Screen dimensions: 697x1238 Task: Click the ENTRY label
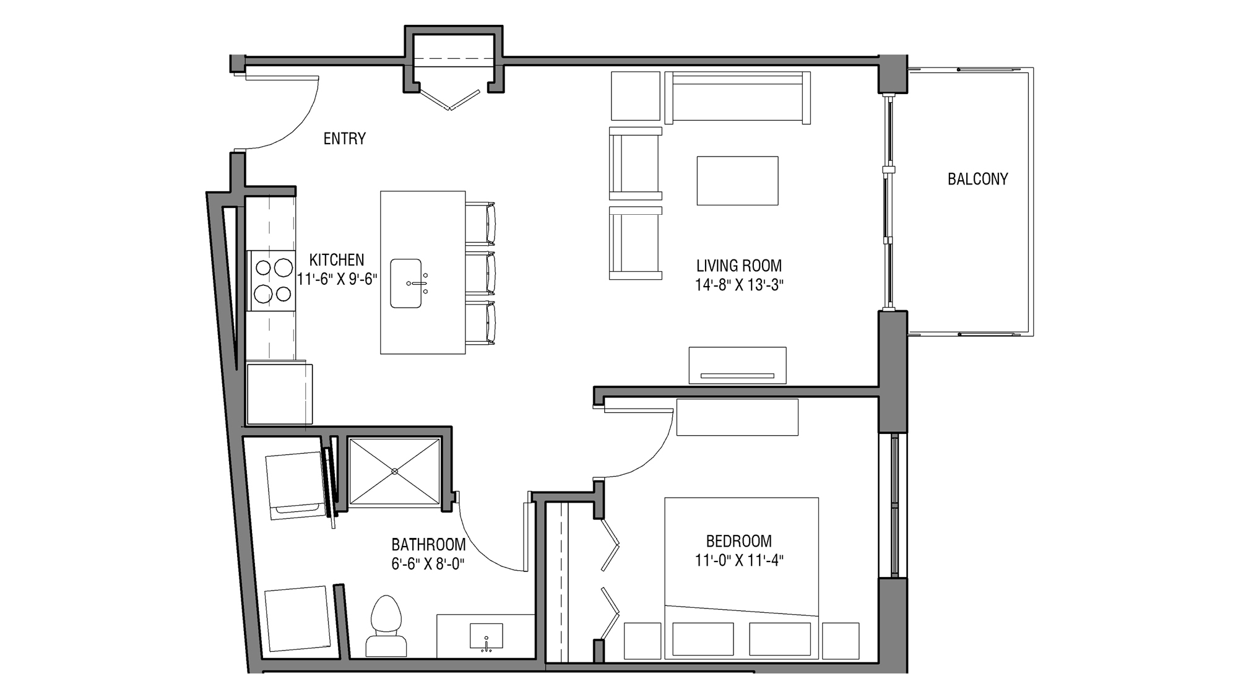(x=344, y=139)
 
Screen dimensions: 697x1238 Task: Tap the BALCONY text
(x=977, y=180)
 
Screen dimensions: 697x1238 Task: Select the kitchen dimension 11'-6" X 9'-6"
(x=337, y=279)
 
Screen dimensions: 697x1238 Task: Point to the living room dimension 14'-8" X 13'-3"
(x=738, y=285)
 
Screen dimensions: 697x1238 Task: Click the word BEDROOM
(x=738, y=541)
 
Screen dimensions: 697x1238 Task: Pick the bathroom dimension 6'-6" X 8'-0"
(x=428, y=564)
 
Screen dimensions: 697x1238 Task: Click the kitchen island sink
(x=406, y=284)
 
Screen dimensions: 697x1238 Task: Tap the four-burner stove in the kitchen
(x=273, y=280)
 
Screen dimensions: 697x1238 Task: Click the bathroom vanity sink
(x=486, y=636)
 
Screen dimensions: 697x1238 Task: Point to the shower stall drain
(x=394, y=472)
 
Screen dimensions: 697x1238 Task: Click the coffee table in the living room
(x=737, y=181)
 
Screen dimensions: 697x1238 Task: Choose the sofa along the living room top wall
(x=737, y=97)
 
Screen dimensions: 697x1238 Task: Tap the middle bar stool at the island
(x=481, y=273)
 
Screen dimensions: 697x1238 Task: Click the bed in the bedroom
(x=741, y=576)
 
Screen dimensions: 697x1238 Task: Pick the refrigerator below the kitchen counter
(x=279, y=394)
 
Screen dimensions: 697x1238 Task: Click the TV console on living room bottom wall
(x=737, y=365)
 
